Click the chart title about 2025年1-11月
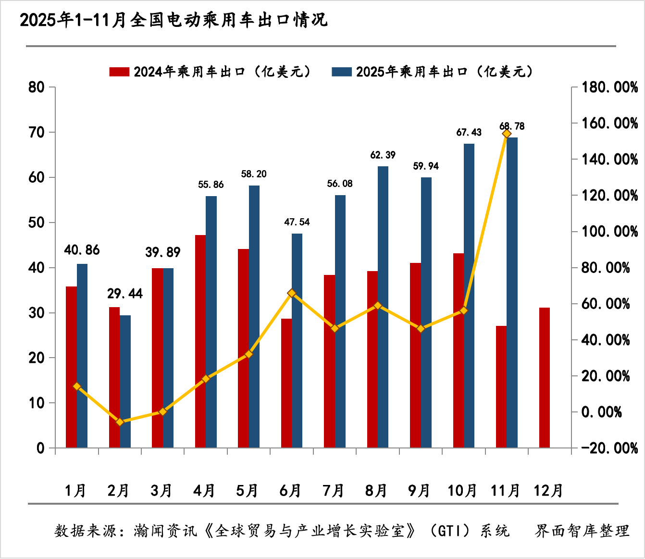tap(173, 20)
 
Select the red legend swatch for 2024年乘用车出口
tap(119, 72)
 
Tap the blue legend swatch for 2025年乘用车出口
tap(342, 72)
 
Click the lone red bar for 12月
tap(544, 377)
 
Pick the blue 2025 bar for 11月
tap(512, 292)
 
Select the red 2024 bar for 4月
tap(200, 341)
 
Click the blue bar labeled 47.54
tap(297, 340)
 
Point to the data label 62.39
tap(383, 155)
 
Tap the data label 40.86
tap(82, 250)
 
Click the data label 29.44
tap(125, 294)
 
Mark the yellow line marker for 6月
tap(292, 293)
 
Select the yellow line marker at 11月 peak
tap(507, 134)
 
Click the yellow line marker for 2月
tap(120, 422)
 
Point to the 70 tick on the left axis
tap(37, 132)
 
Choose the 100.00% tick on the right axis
tap(609, 232)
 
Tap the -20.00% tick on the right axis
tap(609, 448)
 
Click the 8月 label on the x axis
tap(376, 490)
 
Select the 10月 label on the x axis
tap(462, 490)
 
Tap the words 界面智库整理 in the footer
tap(582, 531)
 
